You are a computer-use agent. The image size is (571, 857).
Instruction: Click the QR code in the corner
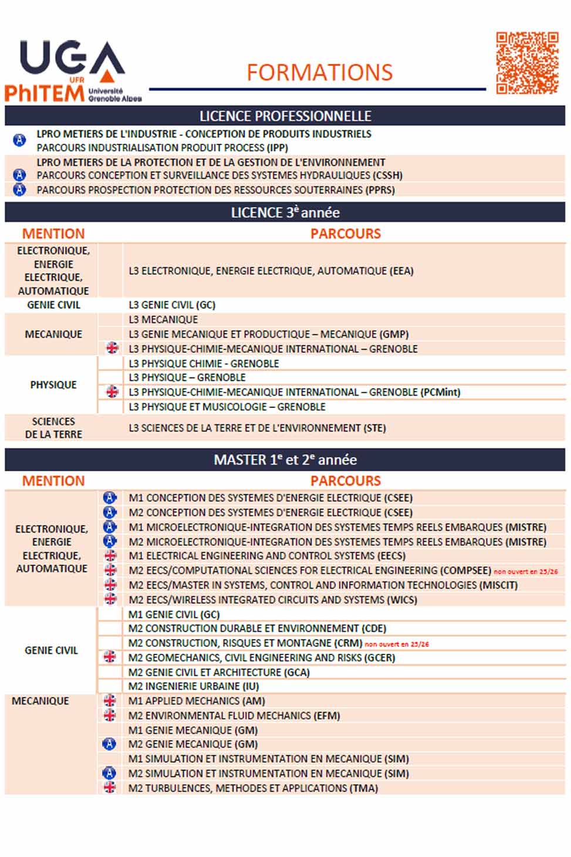526,63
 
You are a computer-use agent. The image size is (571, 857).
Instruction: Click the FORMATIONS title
319,73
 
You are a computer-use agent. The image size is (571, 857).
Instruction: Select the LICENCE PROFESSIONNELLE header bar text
285,116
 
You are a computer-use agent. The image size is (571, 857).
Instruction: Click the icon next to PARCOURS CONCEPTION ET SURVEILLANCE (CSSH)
19,175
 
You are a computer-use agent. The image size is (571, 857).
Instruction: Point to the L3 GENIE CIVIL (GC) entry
172,305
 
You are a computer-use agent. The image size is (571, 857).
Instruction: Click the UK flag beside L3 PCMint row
112,392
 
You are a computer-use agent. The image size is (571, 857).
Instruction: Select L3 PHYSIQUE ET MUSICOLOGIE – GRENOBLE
227,406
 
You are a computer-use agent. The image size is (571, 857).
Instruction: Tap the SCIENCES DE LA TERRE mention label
53,428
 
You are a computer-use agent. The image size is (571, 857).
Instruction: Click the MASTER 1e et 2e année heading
285,460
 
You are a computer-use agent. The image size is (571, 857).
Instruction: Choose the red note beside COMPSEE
525,571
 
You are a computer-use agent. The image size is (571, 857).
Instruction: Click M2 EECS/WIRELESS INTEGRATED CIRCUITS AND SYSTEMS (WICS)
273,599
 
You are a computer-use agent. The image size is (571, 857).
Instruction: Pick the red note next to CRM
397,644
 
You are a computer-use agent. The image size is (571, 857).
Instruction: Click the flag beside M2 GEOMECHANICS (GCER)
110,657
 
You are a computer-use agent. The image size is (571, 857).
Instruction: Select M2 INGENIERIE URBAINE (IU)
194,686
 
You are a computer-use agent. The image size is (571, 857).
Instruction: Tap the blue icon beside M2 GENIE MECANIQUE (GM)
109,744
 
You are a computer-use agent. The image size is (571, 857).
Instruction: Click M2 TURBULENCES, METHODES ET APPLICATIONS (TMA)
253,788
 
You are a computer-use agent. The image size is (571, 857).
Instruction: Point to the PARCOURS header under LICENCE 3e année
345,234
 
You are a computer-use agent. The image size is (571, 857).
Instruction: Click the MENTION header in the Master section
53,481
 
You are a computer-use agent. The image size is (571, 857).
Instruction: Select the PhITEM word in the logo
44,93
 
